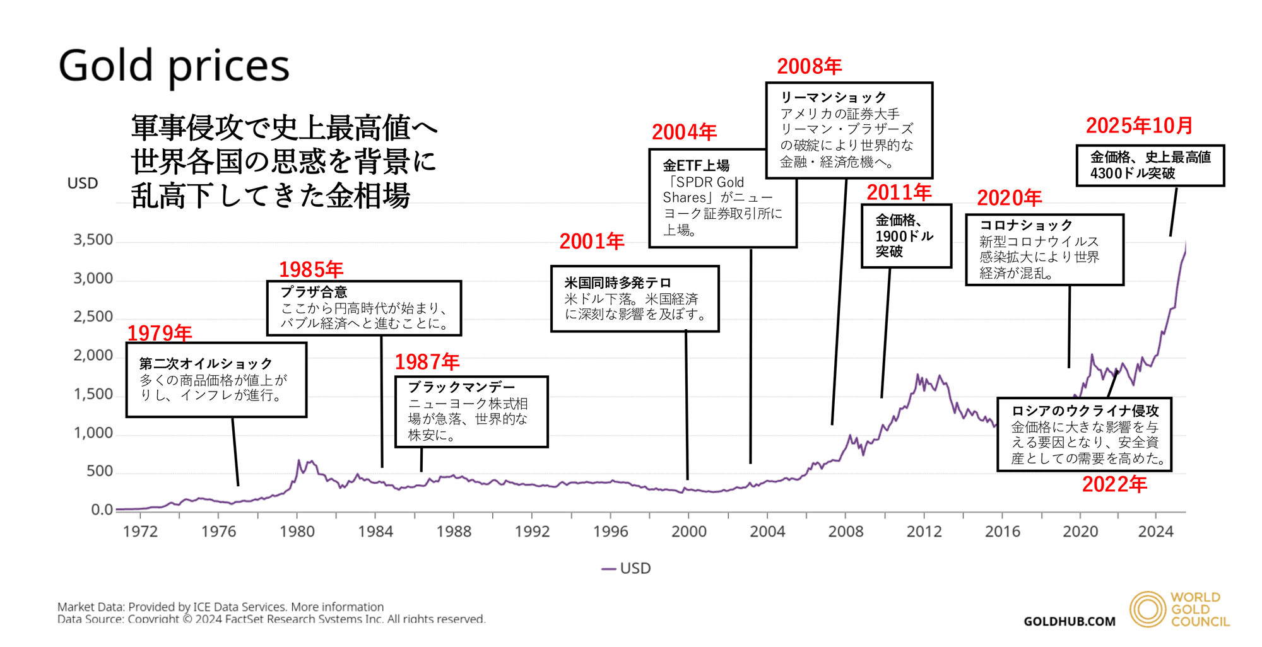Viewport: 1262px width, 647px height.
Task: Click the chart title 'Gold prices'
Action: [x=174, y=66]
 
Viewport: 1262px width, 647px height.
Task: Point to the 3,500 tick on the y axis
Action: [x=93, y=240]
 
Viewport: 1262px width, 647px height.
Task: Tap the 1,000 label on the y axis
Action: [x=93, y=433]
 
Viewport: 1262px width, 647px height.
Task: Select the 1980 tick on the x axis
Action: [x=297, y=532]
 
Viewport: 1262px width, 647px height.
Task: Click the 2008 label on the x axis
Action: [x=846, y=532]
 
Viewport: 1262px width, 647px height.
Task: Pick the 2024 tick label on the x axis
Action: [x=1155, y=532]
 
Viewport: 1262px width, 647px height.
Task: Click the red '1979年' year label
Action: [x=160, y=333]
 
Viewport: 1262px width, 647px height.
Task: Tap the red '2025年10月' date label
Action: [x=1139, y=125]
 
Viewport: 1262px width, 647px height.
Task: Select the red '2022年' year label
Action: [x=1114, y=484]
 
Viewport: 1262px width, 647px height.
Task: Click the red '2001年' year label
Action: [x=592, y=241]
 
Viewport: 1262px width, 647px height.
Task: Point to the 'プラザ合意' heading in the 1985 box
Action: [x=314, y=292]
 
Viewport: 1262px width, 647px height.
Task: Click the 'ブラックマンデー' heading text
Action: [x=461, y=387]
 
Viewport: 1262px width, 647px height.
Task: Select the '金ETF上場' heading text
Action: [x=696, y=165]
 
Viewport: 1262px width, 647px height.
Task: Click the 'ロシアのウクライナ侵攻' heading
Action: [x=1085, y=411]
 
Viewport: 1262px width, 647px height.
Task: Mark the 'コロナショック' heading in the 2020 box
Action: [x=1025, y=225]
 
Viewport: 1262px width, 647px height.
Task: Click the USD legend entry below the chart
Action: [x=627, y=568]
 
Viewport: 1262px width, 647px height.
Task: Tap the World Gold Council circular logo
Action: [x=1147, y=609]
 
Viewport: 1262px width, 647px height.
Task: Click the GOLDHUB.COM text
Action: [x=1069, y=622]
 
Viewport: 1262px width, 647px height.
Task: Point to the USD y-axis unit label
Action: [x=83, y=184]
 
